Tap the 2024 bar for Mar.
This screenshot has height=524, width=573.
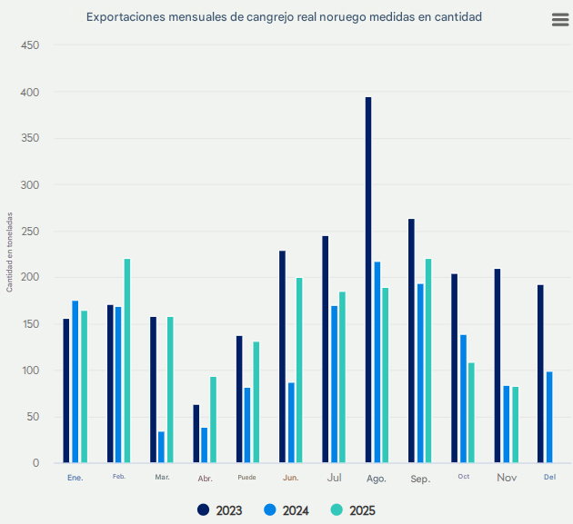coord(161,447)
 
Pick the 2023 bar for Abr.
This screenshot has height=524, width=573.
coord(196,433)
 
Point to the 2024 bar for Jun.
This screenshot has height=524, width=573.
coord(291,422)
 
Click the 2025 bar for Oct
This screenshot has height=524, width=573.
coord(471,412)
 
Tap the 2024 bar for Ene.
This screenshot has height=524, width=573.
coord(75,381)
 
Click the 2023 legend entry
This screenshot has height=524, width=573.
coord(219,510)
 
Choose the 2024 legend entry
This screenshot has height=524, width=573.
coord(286,510)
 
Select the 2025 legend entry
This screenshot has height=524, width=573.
coord(352,510)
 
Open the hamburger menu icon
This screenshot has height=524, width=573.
coord(560,20)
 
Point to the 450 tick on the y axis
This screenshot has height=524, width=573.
coord(30,44)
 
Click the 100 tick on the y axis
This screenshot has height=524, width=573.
coord(30,371)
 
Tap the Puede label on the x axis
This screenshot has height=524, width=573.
coord(246,477)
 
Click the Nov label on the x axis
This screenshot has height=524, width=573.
coord(506,477)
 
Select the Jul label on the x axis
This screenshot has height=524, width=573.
coord(334,477)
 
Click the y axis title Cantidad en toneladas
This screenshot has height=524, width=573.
coord(10,252)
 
